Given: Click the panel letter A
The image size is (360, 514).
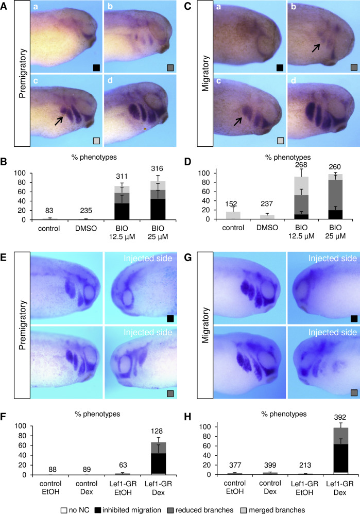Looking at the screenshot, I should tap(4, 5).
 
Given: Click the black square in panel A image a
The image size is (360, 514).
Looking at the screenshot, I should tap(96, 67).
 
